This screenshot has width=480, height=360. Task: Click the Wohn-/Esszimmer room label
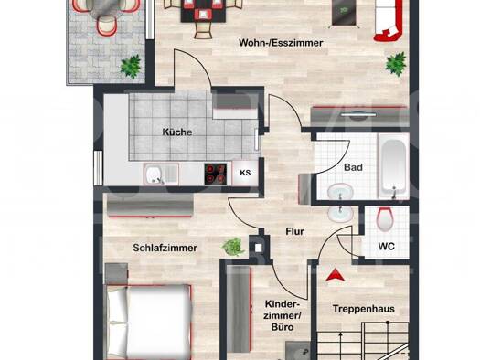(x=281, y=43)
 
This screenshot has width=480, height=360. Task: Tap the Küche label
(x=177, y=132)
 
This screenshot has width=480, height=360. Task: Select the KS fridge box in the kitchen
(x=245, y=173)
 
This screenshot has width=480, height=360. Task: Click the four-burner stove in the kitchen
(x=216, y=174)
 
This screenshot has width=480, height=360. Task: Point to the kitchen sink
(x=161, y=174)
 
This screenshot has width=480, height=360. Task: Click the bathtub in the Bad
(x=393, y=166)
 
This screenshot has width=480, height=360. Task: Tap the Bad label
(x=353, y=167)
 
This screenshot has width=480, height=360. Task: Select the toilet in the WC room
(x=385, y=219)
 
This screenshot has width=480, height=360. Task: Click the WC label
(x=387, y=246)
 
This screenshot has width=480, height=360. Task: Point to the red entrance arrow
(x=336, y=275)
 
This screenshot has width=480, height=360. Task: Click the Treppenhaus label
(x=363, y=309)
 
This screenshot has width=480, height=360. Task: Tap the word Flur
(x=294, y=231)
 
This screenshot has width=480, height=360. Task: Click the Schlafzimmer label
(x=165, y=248)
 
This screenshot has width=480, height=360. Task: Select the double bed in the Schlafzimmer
(x=148, y=322)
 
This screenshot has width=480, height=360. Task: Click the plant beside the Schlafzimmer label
(x=233, y=247)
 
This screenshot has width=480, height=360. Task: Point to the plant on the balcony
(x=132, y=67)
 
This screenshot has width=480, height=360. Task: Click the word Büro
(x=283, y=327)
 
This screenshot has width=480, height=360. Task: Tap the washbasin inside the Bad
(x=340, y=192)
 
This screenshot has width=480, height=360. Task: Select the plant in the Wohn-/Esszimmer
(x=396, y=64)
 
